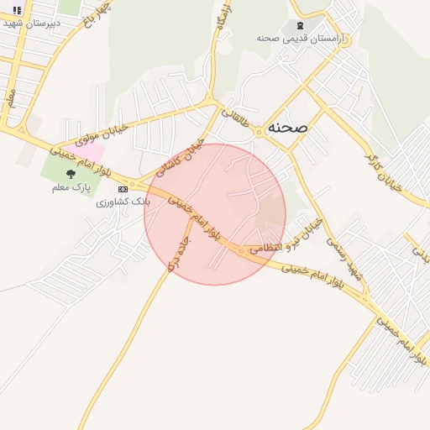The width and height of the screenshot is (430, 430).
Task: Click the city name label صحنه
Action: (x=288, y=127)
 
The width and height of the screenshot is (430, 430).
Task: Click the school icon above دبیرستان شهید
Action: (x=18, y=10)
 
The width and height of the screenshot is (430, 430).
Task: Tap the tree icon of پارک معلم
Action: (x=70, y=174)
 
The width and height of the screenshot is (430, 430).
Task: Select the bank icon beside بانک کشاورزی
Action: (x=123, y=190)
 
